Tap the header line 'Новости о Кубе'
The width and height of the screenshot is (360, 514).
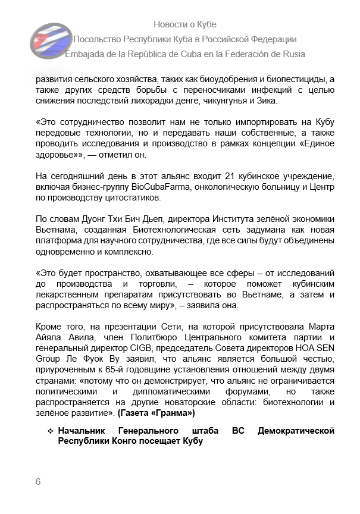185,24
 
